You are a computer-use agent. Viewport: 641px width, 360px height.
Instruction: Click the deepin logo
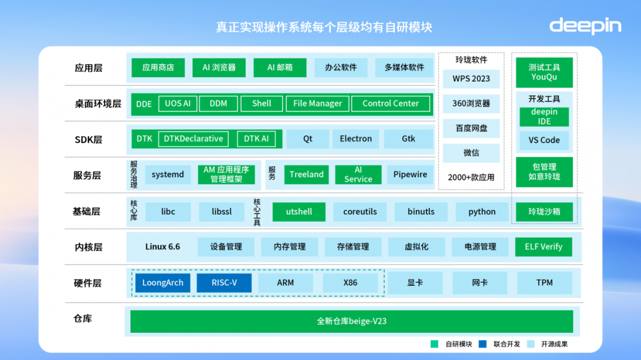point(585,26)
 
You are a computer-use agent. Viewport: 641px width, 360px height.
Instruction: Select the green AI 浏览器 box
point(219,68)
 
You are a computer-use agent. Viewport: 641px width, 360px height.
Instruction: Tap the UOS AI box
point(177,104)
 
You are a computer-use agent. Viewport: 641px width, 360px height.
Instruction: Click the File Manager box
point(318,104)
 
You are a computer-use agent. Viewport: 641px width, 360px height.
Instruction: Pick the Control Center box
point(391,104)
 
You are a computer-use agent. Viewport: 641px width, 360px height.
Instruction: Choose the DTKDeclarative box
point(193,139)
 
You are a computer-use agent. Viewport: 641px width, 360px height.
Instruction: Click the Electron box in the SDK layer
point(356,139)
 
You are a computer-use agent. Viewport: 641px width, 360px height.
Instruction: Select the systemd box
point(167,174)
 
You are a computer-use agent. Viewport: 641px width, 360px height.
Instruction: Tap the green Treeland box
point(307,174)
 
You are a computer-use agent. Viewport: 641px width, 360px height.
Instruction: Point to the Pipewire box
point(410,174)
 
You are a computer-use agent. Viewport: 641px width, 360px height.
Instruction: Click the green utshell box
point(299,212)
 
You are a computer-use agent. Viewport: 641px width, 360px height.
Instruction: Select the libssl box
point(221,212)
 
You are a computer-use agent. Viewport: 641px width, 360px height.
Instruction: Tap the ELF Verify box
point(543,247)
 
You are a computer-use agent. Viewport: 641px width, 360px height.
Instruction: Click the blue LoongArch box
point(163,283)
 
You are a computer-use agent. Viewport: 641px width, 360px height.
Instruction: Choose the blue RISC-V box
point(224,283)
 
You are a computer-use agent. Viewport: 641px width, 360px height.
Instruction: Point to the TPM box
point(544,283)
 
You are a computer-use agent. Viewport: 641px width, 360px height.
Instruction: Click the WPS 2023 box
point(471,79)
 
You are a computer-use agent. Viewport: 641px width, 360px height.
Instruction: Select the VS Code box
point(544,140)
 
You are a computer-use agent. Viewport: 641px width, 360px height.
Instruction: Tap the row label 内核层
point(88,247)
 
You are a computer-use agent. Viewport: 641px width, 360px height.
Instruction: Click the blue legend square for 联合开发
point(483,344)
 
